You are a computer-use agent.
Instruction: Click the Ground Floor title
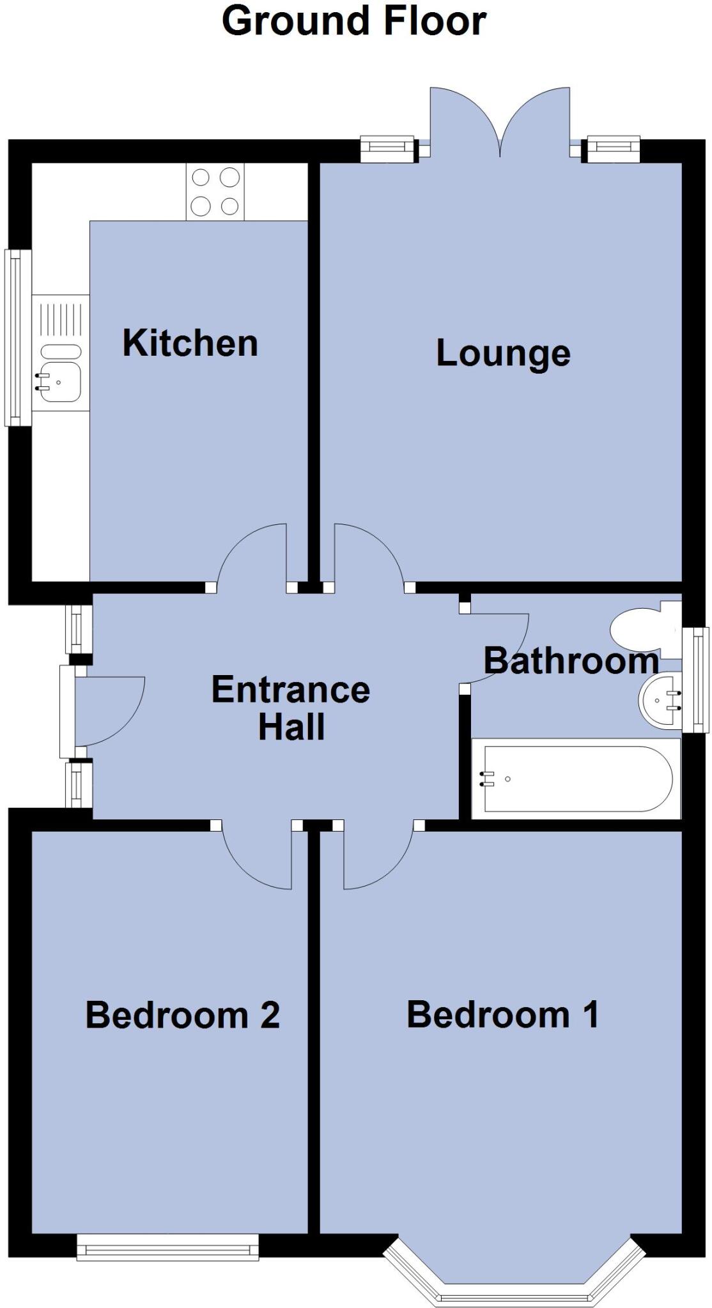[354, 21]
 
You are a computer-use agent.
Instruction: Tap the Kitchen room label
[190, 343]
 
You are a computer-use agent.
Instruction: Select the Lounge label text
[503, 353]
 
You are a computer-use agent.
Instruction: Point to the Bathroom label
[571, 660]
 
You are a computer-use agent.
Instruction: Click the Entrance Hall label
[291, 708]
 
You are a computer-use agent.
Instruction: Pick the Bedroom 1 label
[503, 1014]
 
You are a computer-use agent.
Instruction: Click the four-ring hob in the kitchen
[215, 192]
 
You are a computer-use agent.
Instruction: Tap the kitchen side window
[18, 337]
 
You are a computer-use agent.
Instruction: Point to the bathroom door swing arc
[499, 645]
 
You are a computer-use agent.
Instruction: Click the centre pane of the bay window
[514, 1293]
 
